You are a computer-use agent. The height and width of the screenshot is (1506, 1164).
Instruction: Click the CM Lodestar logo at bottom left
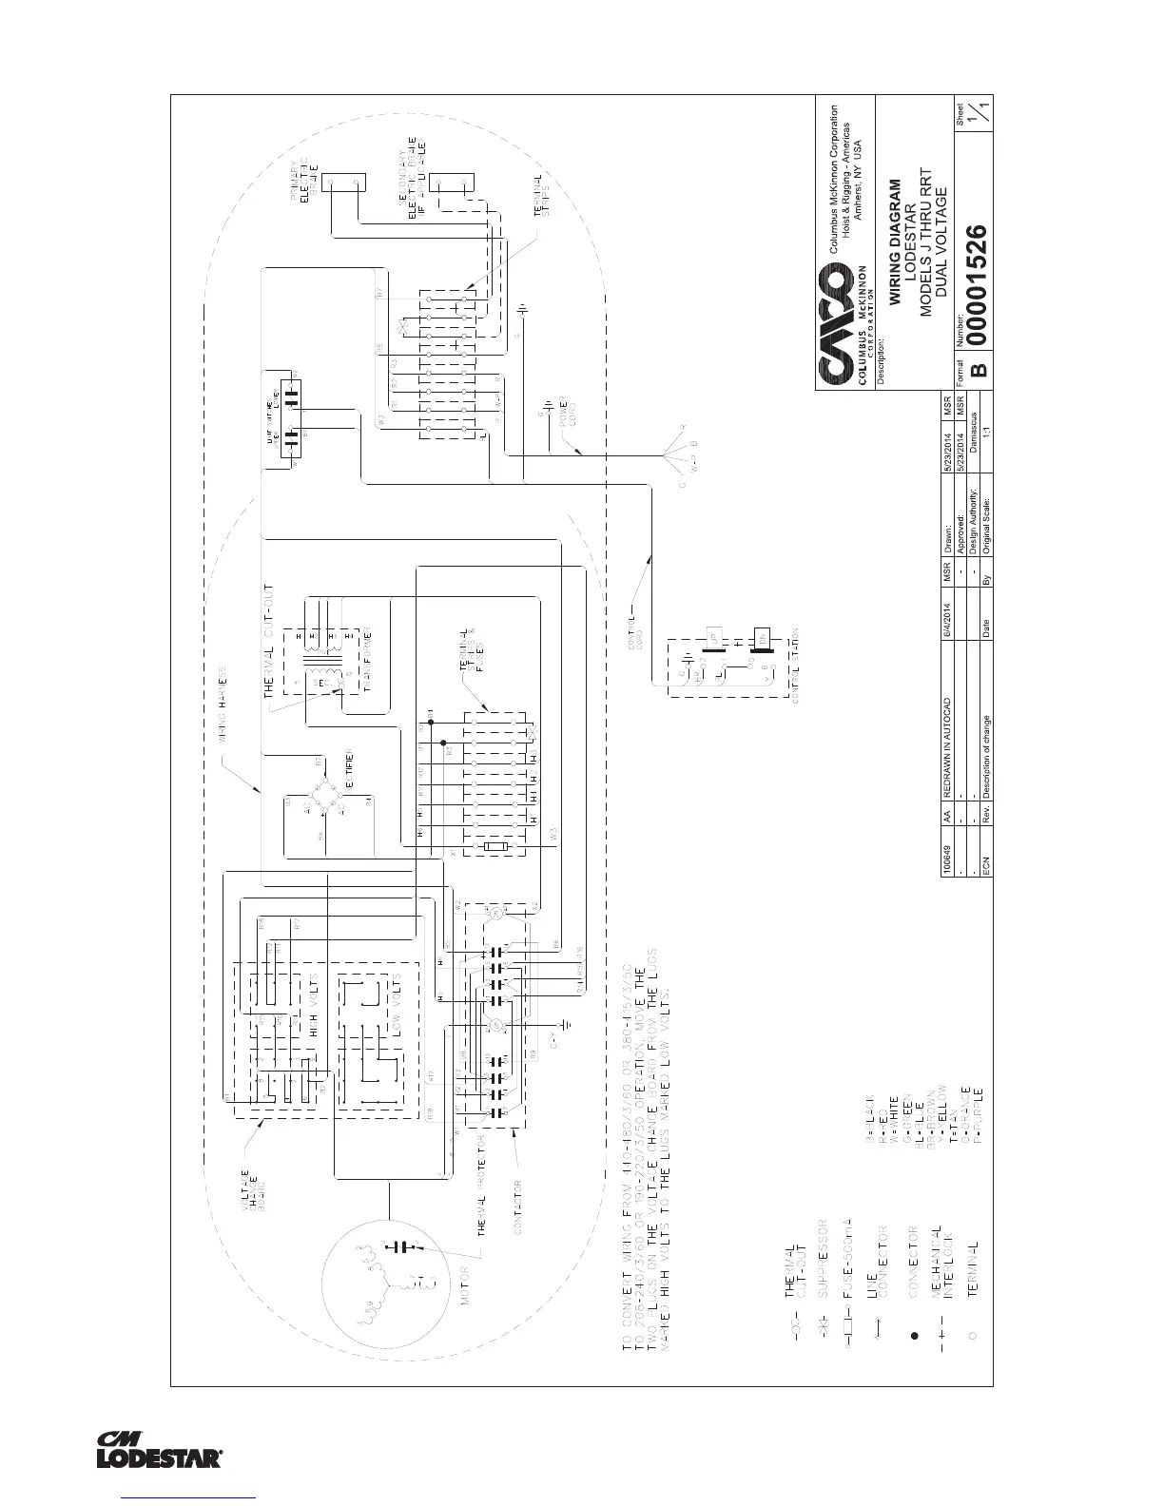(159, 1449)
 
